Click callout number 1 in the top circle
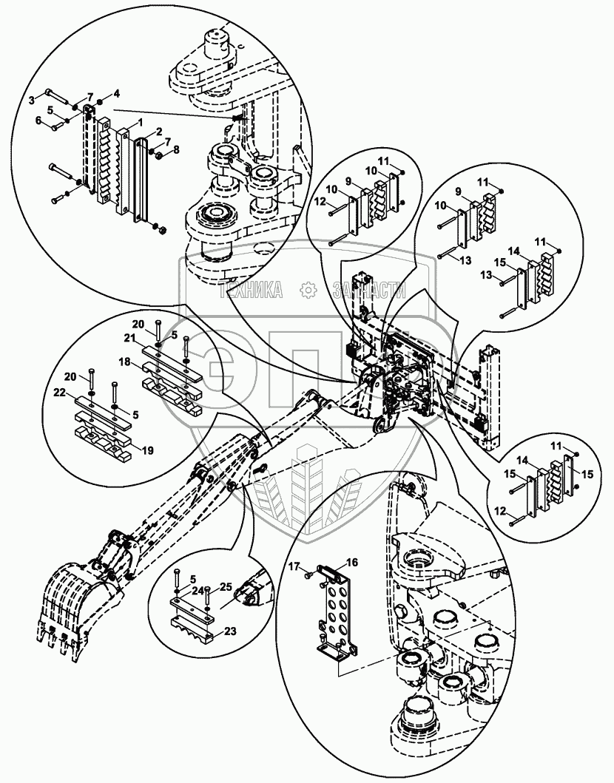[141, 121]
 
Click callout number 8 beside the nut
[175, 150]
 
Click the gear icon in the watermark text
[306, 291]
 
